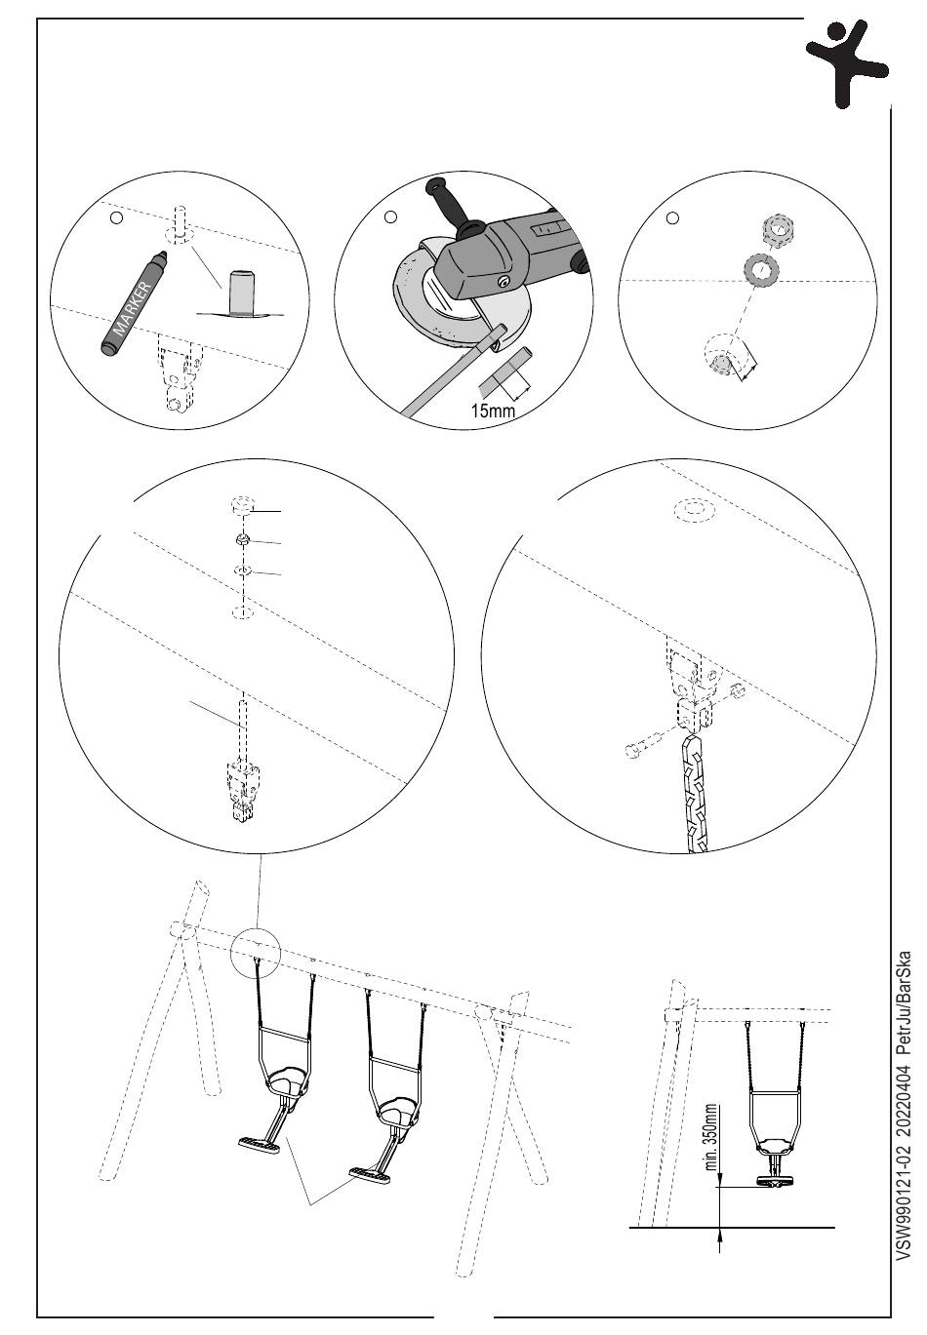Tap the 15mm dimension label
click(x=493, y=411)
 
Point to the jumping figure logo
click(x=847, y=63)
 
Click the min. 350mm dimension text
click(x=710, y=1138)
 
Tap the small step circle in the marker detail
click(x=117, y=218)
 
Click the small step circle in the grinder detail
click(x=390, y=216)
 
